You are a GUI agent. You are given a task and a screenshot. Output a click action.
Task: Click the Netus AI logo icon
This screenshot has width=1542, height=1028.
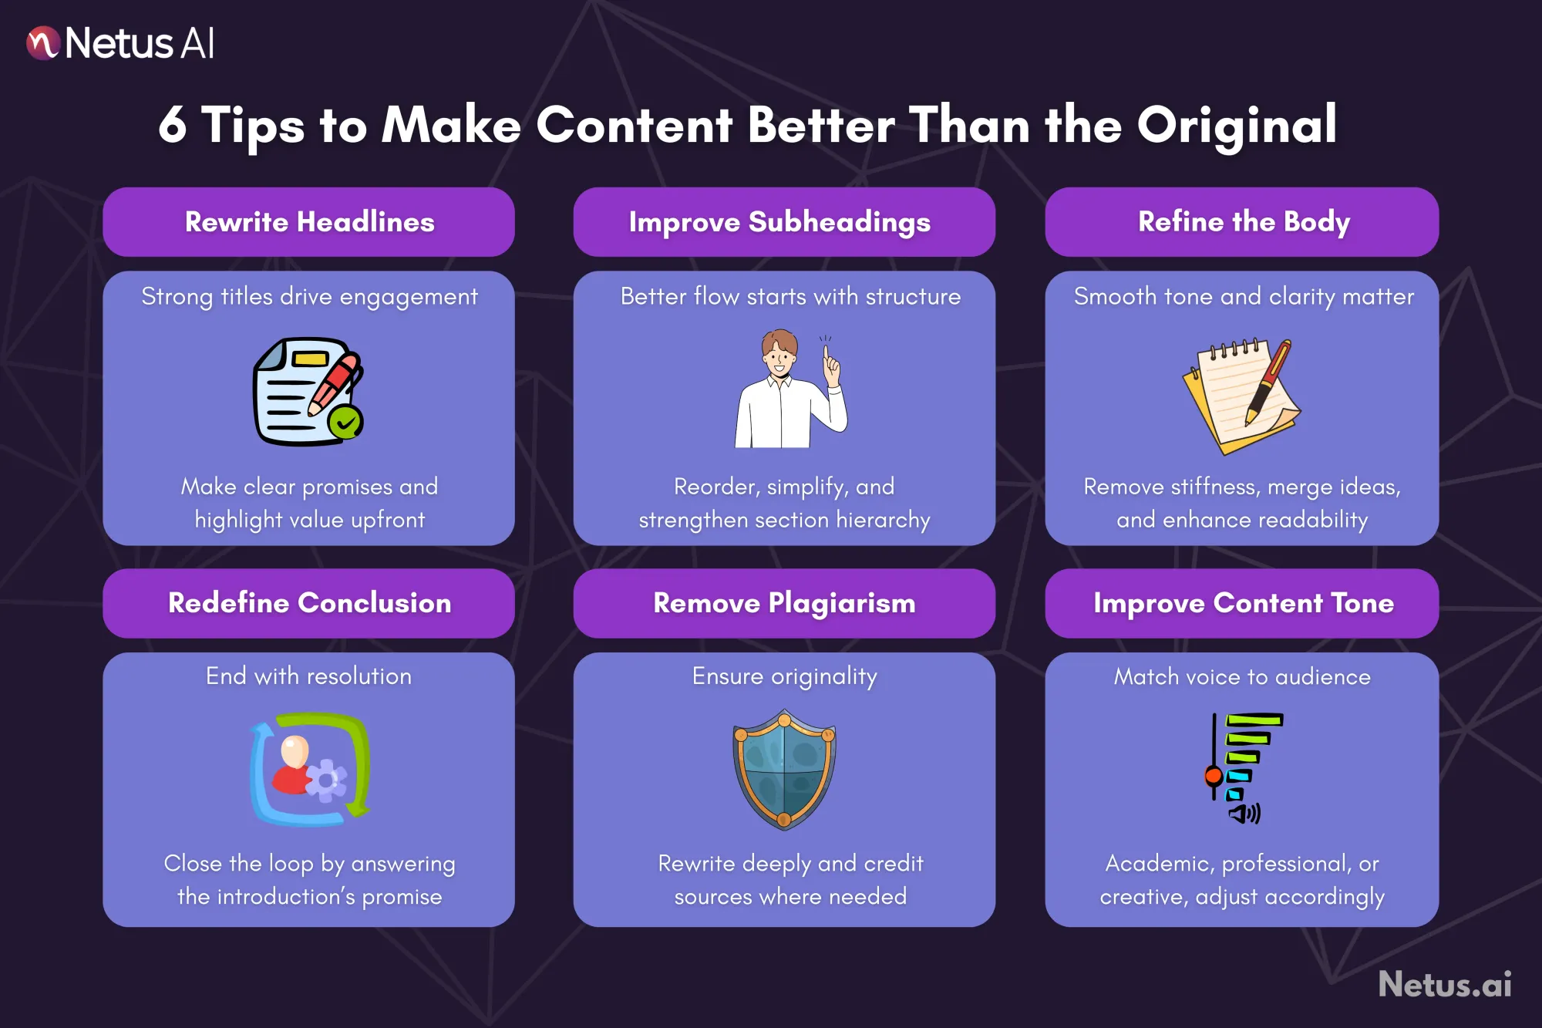click(x=43, y=43)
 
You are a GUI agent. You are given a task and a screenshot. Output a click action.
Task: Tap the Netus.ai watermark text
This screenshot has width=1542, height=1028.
click(x=1444, y=985)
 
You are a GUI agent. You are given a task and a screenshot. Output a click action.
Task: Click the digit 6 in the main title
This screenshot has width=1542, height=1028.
click(x=173, y=125)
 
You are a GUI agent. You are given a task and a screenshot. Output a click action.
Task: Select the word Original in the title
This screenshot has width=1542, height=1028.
click(x=1237, y=125)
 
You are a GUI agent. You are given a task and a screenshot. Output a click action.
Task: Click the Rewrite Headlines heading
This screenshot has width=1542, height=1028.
click(x=309, y=222)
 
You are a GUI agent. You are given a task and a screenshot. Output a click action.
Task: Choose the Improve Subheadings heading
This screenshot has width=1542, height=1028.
click(x=779, y=222)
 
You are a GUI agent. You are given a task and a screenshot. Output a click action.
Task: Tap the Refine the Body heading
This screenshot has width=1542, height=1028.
click(x=1244, y=222)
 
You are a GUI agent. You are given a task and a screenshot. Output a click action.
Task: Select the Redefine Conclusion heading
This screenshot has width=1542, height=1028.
click(x=309, y=603)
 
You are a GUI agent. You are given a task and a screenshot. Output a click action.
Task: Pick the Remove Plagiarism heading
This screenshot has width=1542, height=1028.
click(x=784, y=603)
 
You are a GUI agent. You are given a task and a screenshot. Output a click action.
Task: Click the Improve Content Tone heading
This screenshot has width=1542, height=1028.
click(x=1243, y=603)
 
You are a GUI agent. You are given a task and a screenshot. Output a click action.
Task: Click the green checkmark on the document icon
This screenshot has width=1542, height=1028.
click(x=345, y=422)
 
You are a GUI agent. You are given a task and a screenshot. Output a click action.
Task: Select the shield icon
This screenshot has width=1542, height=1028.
click(x=784, y=769)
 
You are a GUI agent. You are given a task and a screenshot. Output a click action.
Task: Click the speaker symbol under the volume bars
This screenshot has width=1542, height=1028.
click(x=1244, y=813)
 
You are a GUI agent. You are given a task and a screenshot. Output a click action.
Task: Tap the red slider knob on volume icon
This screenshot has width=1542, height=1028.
click(x=1214, y=775)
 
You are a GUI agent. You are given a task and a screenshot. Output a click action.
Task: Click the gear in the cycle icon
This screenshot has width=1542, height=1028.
click(x=327, y=780)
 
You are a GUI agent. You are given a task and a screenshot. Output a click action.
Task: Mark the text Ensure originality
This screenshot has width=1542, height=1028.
click(x=784, y=676)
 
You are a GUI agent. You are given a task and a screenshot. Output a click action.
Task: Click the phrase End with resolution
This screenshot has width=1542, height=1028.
click(x=308, y=676)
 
